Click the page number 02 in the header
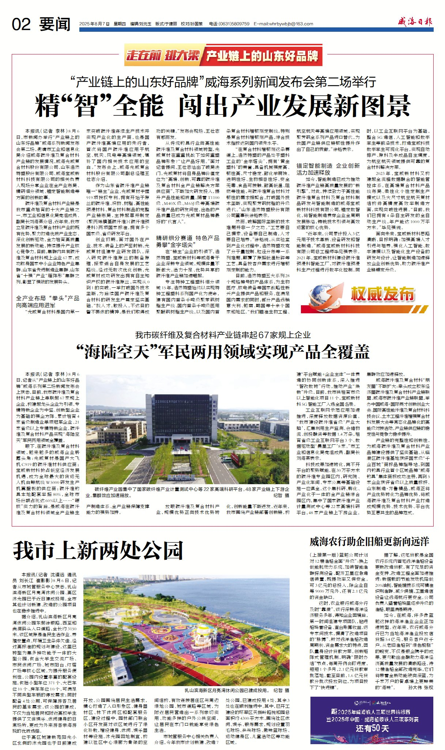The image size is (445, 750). point(21,24)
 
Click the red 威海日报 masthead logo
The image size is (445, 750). point(415,22)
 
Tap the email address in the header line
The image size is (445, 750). point(283,24)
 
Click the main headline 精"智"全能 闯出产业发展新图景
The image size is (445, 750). point(223,106)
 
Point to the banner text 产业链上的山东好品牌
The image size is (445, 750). point(262,56)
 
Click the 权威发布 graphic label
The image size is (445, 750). point(382,294)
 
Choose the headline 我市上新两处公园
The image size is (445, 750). point(98,551)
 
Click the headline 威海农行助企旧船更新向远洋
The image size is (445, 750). point(369,542)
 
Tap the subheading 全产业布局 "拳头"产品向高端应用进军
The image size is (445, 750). point(48,302)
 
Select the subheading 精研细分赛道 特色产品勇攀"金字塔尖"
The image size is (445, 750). point(188,241)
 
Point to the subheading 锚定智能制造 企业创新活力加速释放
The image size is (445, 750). point(328,169)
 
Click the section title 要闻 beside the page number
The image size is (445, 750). point(55,24)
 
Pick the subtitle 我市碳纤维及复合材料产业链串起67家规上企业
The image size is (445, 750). point(223,335)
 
